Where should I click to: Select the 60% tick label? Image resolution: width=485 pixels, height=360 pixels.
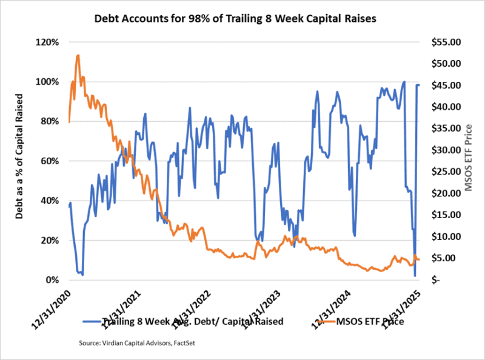coord(49,161)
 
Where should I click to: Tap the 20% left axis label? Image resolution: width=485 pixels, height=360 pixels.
coord(49,241)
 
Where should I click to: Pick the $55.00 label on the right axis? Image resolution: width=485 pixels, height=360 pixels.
coord(445,42)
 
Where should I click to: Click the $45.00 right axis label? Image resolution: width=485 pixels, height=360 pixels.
coord(445,85)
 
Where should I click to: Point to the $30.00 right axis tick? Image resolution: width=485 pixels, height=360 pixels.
coord(445,150)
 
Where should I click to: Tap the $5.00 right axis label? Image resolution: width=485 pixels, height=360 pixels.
coord(447,258)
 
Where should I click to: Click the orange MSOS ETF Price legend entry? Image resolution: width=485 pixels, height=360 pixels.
coord(370,321)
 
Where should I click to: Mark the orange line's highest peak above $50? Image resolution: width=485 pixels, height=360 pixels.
coord(78,55)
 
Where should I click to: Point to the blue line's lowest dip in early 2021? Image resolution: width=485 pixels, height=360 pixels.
coord(82,275)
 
